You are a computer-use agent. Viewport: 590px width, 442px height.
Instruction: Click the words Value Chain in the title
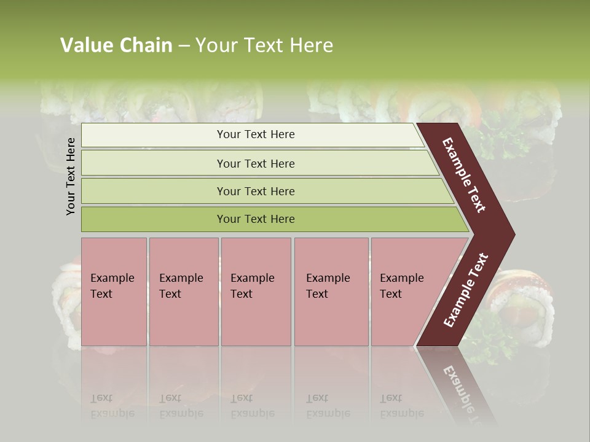pyautogui.click(x=116, y=45)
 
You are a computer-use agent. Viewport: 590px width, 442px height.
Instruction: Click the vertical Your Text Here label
pyautogui.click(x=71, y=176)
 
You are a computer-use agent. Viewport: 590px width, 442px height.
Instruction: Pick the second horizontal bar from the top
pyautogui.click(x=256, y=163)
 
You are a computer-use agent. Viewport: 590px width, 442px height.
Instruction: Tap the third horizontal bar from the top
pyautogui.click(x=256, y=191)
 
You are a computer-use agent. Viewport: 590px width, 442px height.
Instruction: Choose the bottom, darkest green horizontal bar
pyautogui.click(x=256, y=219)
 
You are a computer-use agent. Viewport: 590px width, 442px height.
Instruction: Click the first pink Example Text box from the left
pyautogui.click(x=114, y=292)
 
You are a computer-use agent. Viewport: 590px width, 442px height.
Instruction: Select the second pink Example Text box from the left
pyautogui.click(x=183, y=292)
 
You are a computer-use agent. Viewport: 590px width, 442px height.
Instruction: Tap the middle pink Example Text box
pyautogui.click(x=256, y=292)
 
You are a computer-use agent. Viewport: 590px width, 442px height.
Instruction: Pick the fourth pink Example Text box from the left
pyautogui.click(x=331, y=292)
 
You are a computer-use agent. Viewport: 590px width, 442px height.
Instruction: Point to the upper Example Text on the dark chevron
pyautogui.click(x=464, y=175)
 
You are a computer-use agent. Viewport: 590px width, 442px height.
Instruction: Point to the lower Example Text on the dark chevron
pyautogui.click(x=466, y=290)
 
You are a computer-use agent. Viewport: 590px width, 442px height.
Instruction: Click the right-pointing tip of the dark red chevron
pyautogui.click(x=510, y=235)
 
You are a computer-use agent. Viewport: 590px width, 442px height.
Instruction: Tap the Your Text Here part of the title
pyautogui.click(x=264, y=45)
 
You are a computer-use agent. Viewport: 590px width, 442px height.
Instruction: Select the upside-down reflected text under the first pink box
pyautogui.click(x=112, y=406)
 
